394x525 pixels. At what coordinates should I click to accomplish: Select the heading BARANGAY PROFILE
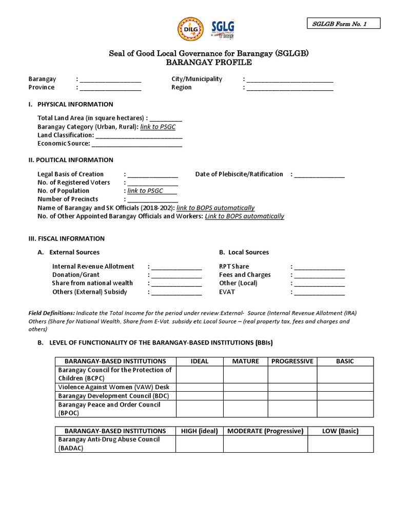[x=209, y=63]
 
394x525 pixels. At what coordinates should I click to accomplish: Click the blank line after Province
[x=110, y=88]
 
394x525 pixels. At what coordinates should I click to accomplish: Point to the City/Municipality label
[x=196, y=79]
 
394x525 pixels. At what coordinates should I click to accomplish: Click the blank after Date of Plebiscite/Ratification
[x=320, y=175]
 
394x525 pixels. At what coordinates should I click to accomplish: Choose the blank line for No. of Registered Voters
[x=153, y=183]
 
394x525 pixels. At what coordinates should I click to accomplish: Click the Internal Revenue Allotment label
[x=93, y=267]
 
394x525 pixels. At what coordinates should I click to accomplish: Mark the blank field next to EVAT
[x=320, y=292]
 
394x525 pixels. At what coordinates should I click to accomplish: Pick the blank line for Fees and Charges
[x=320, y=275]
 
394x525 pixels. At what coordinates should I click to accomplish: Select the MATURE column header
[x=245, y=361]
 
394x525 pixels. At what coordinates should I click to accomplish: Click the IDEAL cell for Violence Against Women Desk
[x=199, y=388]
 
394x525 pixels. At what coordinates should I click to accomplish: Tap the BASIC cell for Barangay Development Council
[x=345, y=396]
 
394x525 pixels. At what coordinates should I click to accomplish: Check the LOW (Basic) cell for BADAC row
[x=340, y=444]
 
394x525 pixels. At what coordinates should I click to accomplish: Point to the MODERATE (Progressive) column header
[x=265, y=431]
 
